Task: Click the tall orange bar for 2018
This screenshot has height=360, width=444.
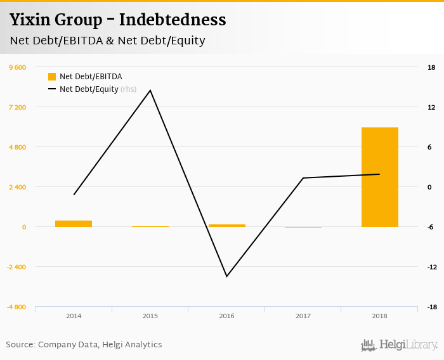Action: click(x=379, y=177)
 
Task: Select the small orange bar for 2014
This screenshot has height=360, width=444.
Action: click(x=74, y=223)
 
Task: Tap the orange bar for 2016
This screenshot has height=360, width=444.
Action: click(x=226, y=225)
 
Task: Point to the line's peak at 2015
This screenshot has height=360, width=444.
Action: click(x=150, y=90)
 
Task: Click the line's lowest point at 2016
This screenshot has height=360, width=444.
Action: click(x=226, y=276)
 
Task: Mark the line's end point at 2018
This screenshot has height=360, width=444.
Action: click(x=379, y=174)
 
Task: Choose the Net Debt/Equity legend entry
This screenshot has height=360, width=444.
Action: click(x=89, y=89)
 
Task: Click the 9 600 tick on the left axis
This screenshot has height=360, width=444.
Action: click(x=16, y=68)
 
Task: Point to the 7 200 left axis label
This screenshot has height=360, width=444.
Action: click(x=16, y=108)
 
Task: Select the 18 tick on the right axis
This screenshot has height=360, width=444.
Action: click(x=431, y=68)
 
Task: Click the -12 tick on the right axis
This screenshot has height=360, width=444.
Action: click(x=431, y=267)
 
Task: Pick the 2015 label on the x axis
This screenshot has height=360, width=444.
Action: click(x=150, y=316)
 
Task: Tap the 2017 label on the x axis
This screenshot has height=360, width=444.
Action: click(x=303, y=316)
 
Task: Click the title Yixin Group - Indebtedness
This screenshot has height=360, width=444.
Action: click(x=117, y=20)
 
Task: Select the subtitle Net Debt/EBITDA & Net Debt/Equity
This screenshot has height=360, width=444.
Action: click(x=107, y=41)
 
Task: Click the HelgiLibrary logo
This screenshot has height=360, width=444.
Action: click(x=400, y=345)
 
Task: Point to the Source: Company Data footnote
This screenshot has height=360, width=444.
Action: click(x=84, y=345)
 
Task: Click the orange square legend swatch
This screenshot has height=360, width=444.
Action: click(x=52, y=77)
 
